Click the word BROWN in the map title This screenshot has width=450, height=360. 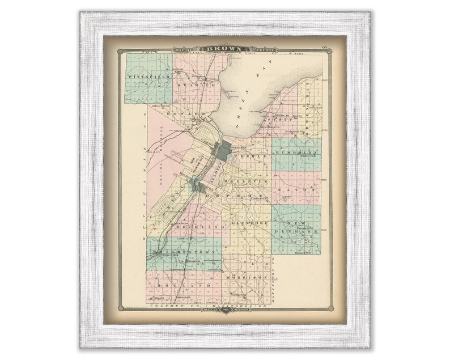click(224, 49)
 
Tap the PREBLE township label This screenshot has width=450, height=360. click(251, 155)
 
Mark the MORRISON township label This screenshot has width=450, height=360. click(246, 277)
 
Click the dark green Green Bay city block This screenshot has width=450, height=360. click(223, 151)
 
